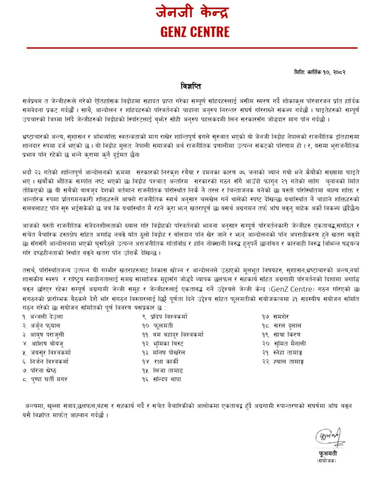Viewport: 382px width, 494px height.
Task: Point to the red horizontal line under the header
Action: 192,48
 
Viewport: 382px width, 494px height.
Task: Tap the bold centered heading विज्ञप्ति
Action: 191,87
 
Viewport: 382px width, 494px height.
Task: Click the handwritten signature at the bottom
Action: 330,438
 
